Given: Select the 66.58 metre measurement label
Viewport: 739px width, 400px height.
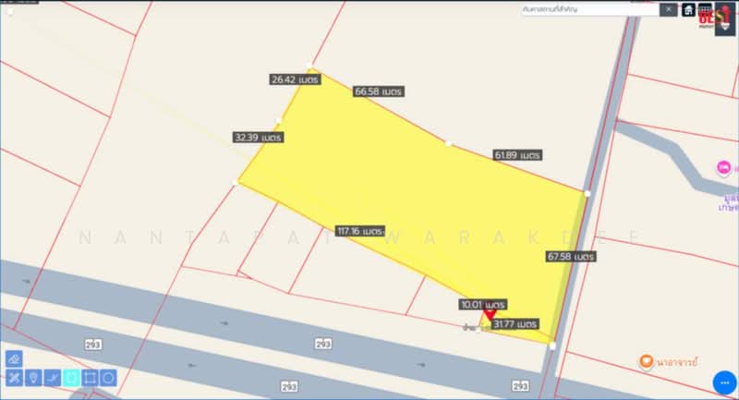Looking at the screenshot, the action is tap(380, 91).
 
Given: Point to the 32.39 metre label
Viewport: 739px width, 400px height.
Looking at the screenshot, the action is tap(259, 137).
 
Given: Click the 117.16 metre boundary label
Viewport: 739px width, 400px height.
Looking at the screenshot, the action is tap(360, 230).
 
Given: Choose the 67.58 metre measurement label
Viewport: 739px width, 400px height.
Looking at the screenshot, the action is tap(571, 255).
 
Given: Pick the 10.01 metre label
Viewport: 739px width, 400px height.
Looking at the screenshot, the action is tap(483, 304).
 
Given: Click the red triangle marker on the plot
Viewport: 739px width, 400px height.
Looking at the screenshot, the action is tap(491, 316).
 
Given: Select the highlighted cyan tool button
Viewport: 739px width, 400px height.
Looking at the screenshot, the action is tap(71, 378).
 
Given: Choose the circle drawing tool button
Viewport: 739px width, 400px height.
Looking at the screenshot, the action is tap(108, 378).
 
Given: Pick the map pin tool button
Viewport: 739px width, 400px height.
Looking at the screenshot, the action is tap(33, 378).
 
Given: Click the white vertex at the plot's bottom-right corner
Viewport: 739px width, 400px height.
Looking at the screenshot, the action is tap(552, 345).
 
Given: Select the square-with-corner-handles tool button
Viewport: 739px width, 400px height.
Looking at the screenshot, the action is tap(90, 378).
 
